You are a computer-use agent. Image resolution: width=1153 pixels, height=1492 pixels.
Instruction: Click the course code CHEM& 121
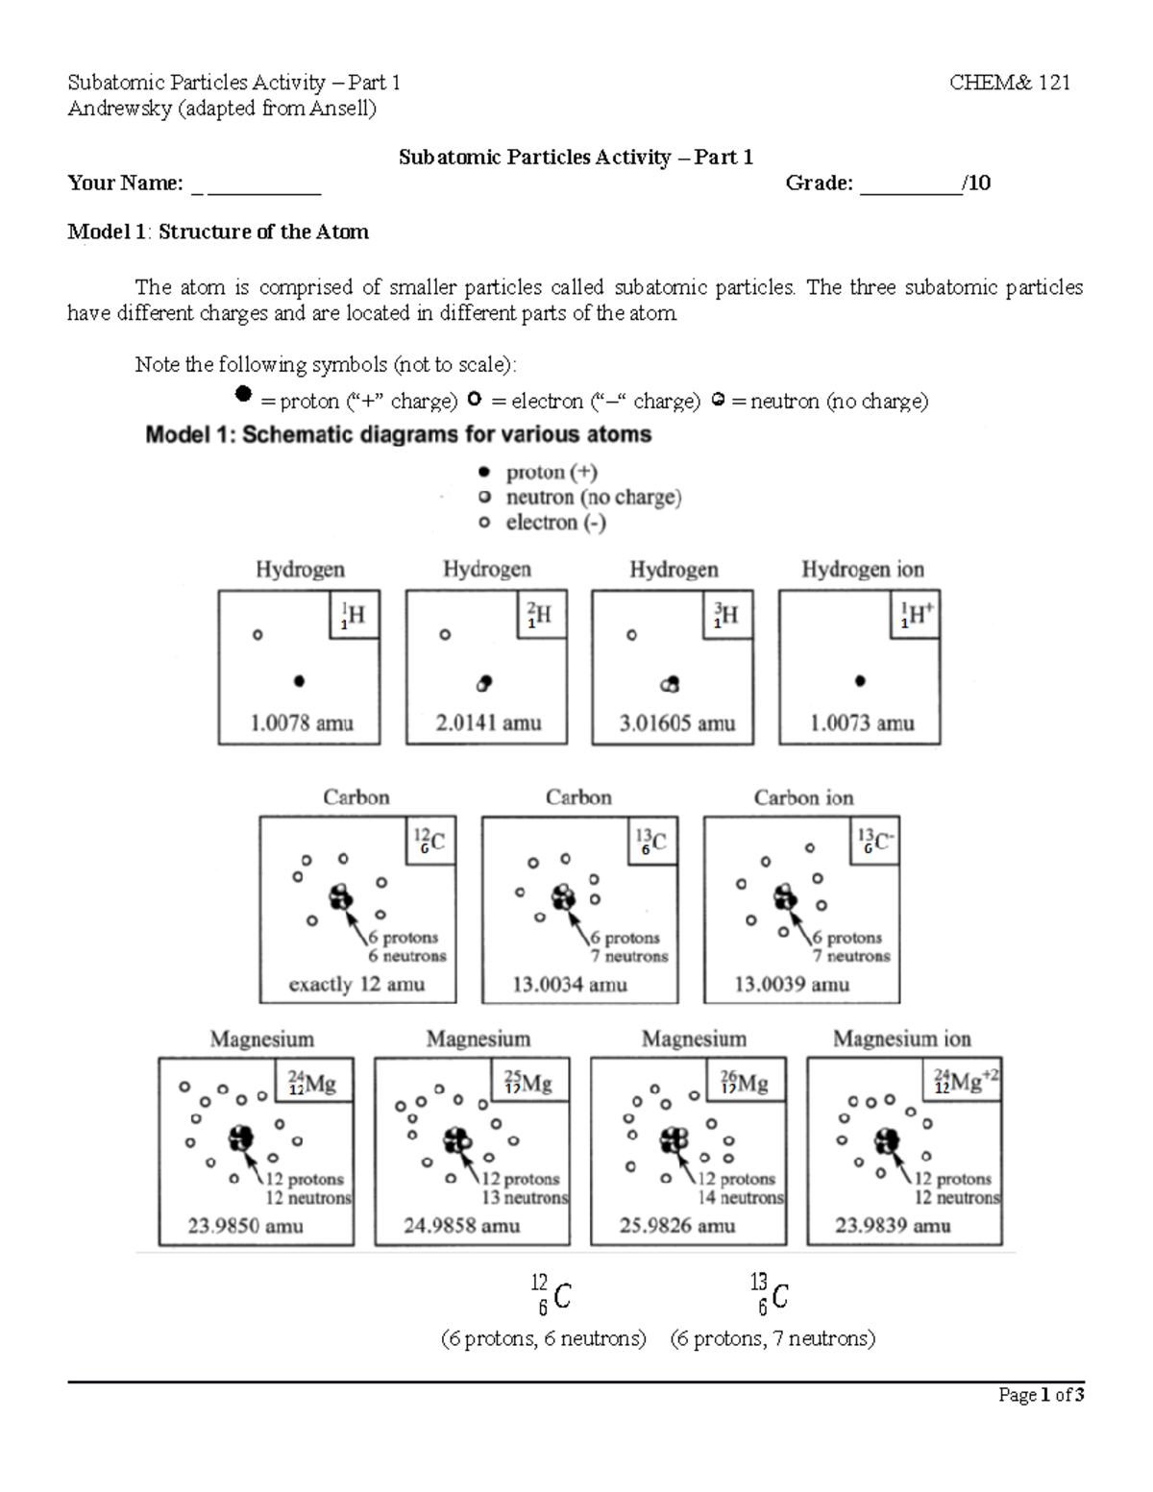click(1009, 83)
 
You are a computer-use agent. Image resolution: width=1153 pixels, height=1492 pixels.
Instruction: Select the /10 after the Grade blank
click(977, 183)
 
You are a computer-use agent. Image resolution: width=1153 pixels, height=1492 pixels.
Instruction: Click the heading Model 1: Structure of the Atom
click(218, 232)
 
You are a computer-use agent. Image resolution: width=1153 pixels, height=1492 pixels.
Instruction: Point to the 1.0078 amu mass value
click(302, 723)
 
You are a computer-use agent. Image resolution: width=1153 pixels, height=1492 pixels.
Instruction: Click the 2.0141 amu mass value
click(488, 723)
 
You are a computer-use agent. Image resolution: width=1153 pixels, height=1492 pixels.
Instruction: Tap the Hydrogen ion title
click(862, 570)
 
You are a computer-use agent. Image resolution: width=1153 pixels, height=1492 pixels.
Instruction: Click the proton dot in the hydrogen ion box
click(860, 681)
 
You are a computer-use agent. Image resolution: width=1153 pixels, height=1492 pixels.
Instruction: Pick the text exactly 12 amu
click(356, 985)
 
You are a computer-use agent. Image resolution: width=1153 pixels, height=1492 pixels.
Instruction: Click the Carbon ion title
click(803, 797)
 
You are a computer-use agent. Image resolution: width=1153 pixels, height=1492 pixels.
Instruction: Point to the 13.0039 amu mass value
click(792, 985)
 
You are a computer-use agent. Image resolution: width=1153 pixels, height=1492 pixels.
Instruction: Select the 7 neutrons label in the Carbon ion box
click(851, 956)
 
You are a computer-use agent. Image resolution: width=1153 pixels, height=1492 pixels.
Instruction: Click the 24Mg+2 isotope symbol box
click(966, 1083)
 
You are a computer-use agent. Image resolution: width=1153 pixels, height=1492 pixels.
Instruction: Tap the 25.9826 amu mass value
click(677, 1226)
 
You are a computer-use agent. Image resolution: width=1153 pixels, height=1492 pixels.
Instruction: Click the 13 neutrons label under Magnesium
click(525, 1198)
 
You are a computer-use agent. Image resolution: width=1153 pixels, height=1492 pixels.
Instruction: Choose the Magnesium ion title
click(901, 1039)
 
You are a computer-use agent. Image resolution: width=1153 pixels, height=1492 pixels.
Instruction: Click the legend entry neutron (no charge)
click(593, 498)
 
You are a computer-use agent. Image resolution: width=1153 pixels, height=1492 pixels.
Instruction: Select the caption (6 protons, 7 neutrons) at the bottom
click(773, 1338)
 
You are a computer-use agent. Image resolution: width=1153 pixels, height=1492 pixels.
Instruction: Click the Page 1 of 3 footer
click(1041, 1395)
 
